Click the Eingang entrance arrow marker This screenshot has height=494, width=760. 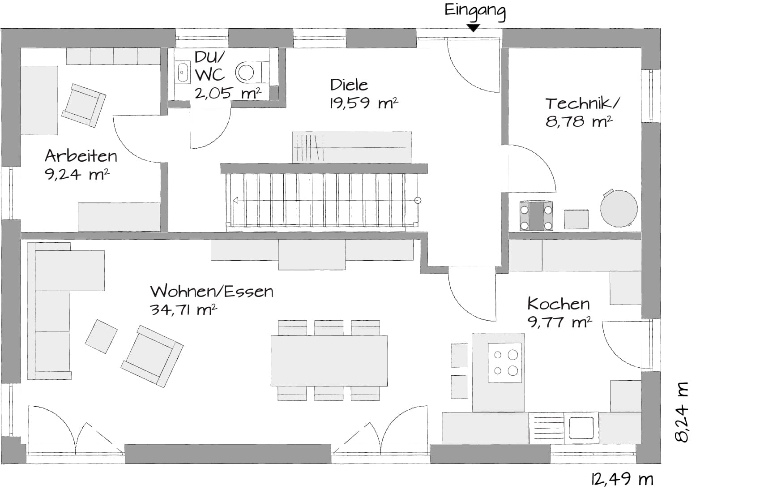(473, 28)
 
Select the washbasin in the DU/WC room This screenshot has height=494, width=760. (183, 72)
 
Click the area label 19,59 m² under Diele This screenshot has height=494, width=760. (364, 103)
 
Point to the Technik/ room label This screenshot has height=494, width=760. (582, 103)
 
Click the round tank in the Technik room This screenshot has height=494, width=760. (619, 208)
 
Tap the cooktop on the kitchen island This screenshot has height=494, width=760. (505, 363)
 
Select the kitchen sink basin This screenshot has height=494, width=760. (581, 428)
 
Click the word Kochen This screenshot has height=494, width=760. (559, 304)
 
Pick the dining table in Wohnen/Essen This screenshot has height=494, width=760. (329, 361)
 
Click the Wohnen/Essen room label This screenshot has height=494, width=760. (212, 291)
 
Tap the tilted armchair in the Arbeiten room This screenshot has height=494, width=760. (83, 106)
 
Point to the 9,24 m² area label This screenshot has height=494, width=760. (77, 174)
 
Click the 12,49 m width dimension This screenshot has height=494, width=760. (622, 479)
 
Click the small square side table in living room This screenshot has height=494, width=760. (101, 336)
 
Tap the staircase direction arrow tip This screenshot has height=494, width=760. (233, 201)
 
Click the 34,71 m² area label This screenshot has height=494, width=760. (183, 309)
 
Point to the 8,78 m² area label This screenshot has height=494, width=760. (579, 121)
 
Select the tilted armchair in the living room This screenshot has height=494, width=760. (152, 357)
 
